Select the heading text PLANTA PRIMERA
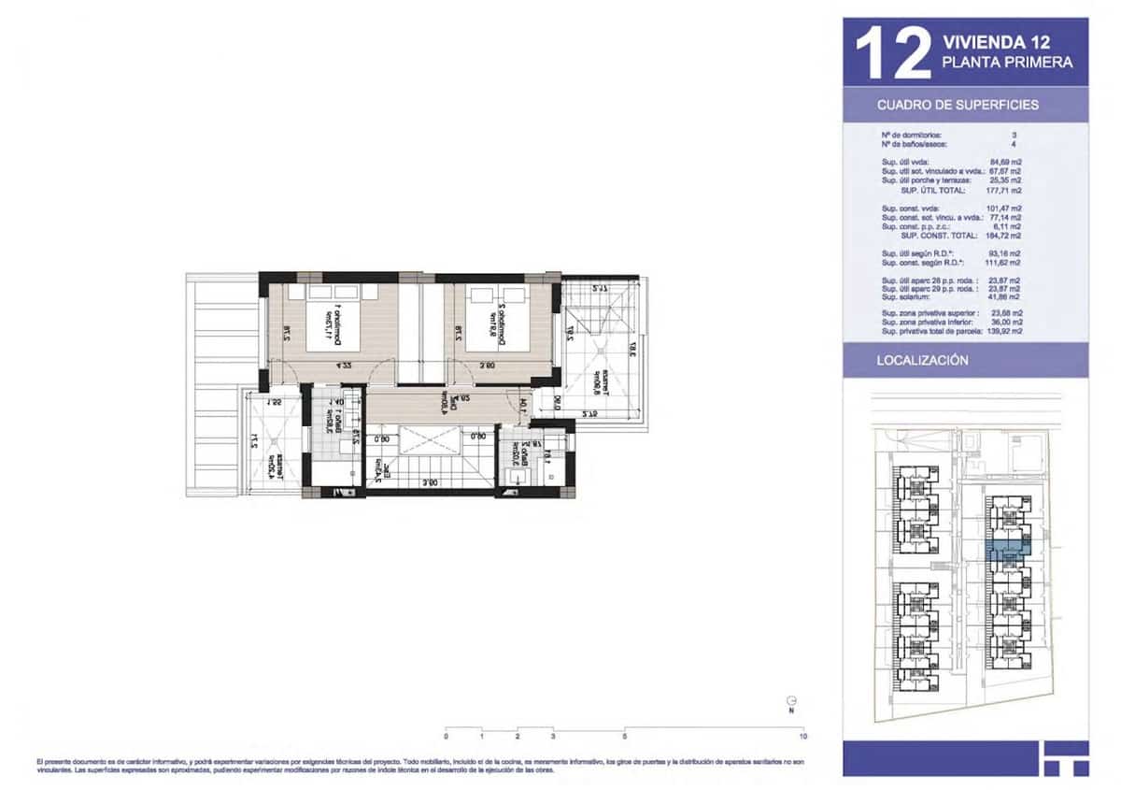pyautogui.click(x=1007, y=63)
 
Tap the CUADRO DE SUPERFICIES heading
pyautogui.click(x=958, y=105)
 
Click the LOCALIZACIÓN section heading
pyautogui.click(x=922, y=360)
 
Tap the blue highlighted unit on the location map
pyautogui.click(x=1007, y=553)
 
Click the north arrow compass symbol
pyautogui.click(x=791, y=701)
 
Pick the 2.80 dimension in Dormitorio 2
pyautogui.click(x=487, y=366)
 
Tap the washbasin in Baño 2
pyautogui.click(x=513, y=476)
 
